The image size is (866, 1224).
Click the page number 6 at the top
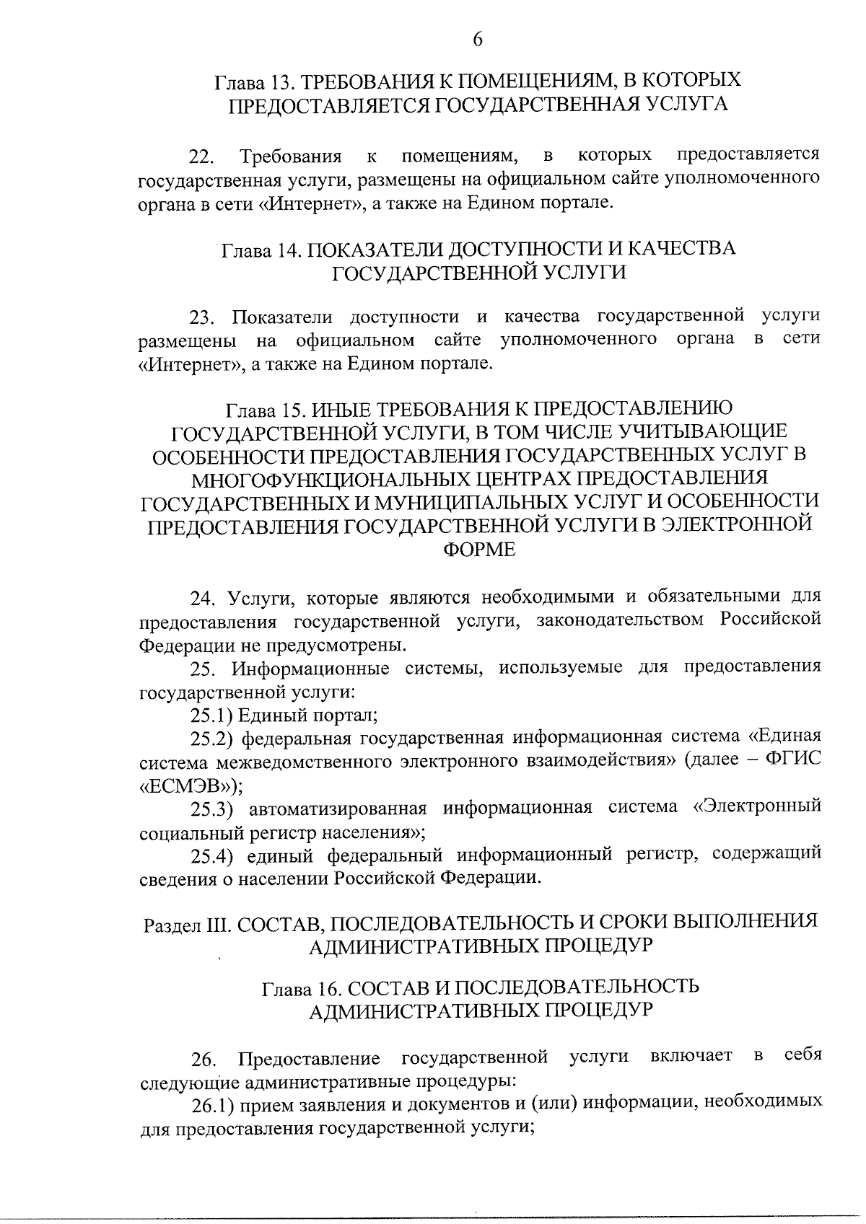(477, 40)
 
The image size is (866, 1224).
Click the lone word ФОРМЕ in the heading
(479, 550)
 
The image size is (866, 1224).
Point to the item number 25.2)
(211, 739)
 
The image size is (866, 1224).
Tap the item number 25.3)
(211, 809)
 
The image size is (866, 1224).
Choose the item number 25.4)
(211, 855)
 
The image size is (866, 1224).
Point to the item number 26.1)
(210, 1104)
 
